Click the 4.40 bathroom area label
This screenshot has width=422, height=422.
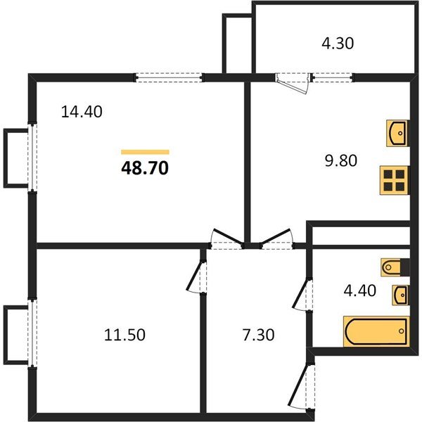tap(359, 290)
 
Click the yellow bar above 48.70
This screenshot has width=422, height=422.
tap(145, 151)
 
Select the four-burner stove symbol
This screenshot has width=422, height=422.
tap(394, 180)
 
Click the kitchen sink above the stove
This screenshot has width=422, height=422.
tap(397, 132)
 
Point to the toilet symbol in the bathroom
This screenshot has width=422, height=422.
tap(393, 267)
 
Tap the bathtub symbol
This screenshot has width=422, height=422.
tap(376, 331)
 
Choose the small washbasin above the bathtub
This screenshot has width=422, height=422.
tap(400, 294)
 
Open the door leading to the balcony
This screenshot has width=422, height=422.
tap(293, 82)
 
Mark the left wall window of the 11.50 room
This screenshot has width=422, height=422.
tap(32, 332)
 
